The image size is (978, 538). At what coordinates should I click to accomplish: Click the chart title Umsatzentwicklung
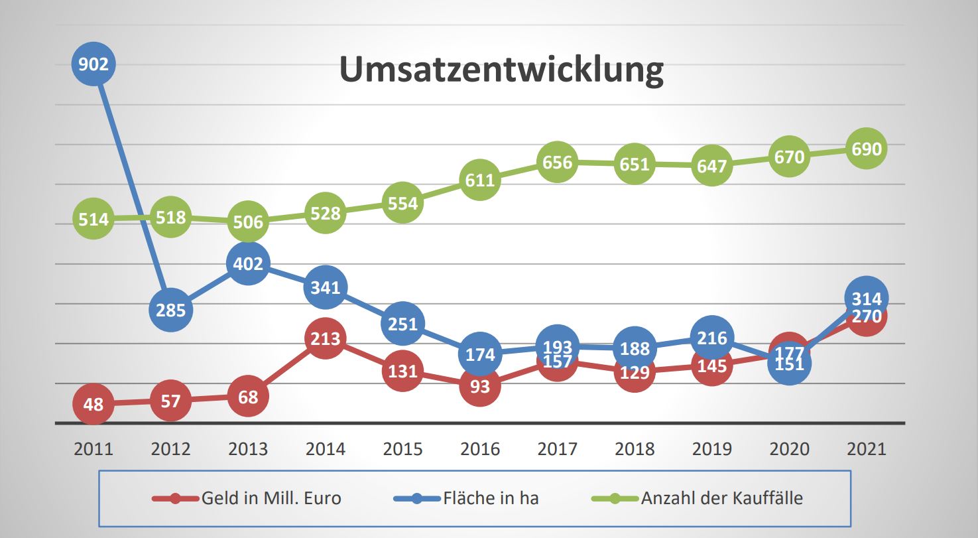(x=501, y=70)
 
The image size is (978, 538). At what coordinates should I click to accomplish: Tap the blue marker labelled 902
(x=93, y=64)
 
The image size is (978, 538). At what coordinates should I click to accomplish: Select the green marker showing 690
(x=866, y=149)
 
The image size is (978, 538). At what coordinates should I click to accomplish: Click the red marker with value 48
(x=93, y=403)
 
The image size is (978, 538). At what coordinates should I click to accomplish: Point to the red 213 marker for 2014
(x=326, y=339)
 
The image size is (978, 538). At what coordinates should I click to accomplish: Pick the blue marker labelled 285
(x=171, y=309)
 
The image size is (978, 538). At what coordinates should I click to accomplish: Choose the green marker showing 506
(x=248, y=222)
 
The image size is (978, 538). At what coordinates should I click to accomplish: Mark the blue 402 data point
(x=248, y=264)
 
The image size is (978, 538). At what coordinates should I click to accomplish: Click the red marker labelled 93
(x=479, y=385)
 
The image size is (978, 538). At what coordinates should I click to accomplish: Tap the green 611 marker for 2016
(x=479, y=180)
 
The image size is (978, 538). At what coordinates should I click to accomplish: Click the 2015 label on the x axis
(x=402, y=449)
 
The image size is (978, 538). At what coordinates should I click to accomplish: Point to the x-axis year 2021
(x=866, y=449)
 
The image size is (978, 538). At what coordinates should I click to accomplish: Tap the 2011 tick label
(x=93, y=449)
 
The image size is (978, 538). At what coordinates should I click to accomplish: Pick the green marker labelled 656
(x=557, y=162)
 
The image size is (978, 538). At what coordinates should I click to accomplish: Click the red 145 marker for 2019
(x=711, y=366)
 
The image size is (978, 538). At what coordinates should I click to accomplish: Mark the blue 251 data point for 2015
(x=402, y=323)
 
